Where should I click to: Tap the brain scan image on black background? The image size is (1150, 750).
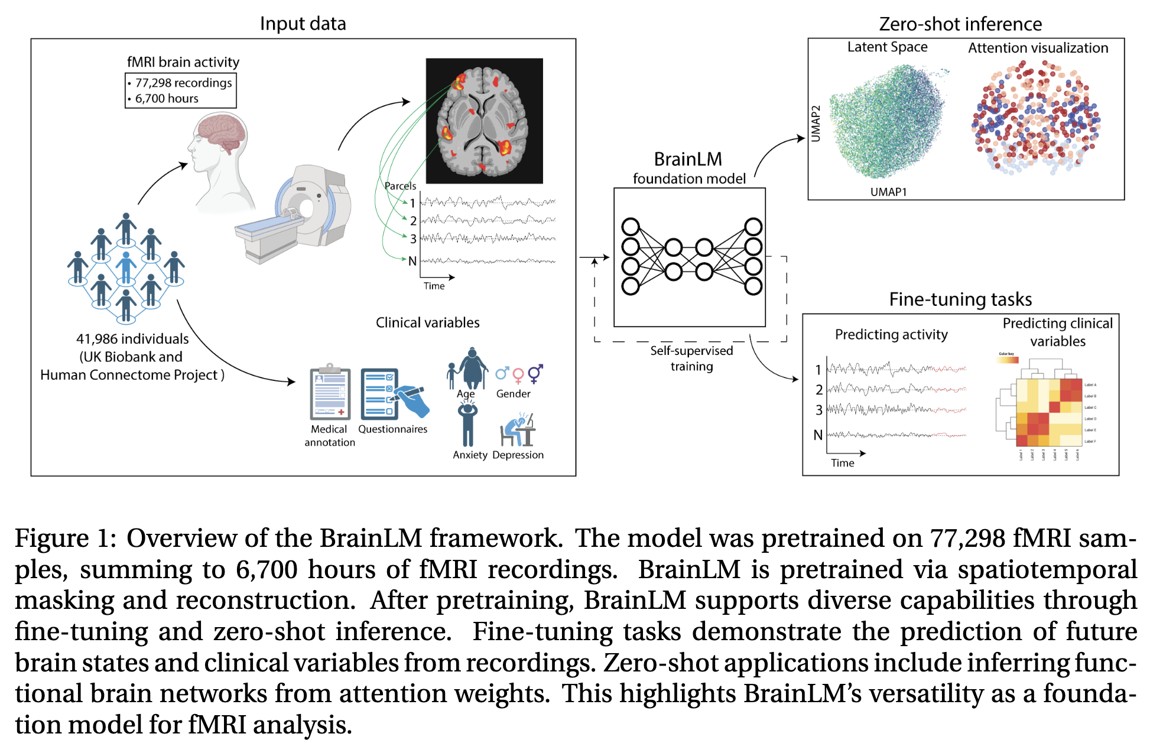[x=484, y=120]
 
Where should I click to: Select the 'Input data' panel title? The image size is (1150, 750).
[x=303, y=24]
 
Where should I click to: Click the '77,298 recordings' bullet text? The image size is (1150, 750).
[x=183, y=83]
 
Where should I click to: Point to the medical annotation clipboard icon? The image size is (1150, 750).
[x=330, y=393]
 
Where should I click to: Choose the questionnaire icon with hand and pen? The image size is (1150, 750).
[x=393, y=393]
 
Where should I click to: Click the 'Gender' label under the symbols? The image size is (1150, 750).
[x=513, y=394]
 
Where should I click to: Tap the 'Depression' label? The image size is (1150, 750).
[x=518, y=455]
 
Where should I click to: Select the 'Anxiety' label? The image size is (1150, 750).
[x=470, y=455]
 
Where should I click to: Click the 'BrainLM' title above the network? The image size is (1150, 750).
[x=688, y=159]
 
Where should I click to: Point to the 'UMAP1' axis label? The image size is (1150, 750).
[x=888, y=192]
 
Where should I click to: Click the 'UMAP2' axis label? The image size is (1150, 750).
[x=816, y=124]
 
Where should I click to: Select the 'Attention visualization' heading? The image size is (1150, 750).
[x=1038, y=48]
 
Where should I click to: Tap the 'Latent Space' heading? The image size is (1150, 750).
[x=887, y=47]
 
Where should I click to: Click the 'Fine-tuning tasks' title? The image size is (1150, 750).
[x=960, y=299]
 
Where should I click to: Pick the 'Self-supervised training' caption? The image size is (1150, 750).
[x=691, y=358]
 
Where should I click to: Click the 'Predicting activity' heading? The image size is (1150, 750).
[x=891, y=335]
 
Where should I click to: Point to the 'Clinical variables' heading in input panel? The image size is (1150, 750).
[x=427, y=322]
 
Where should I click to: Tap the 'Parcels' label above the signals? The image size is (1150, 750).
[x=400, y=186]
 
